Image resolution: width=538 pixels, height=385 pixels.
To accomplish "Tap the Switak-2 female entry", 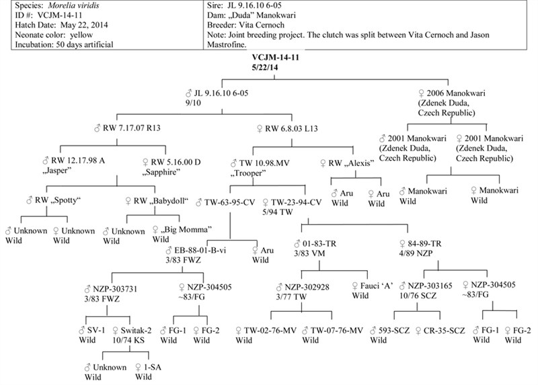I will click(x=137, y=331).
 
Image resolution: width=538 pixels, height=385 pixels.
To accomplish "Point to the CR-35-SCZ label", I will click(x=445, y=331).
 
